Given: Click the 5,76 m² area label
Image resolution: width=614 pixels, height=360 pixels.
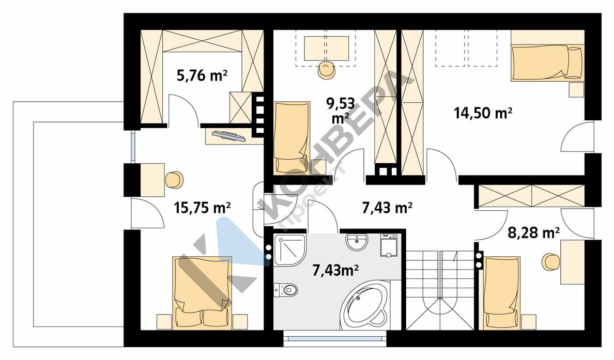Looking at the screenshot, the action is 202,75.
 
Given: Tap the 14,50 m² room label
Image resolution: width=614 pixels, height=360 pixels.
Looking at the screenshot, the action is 483,113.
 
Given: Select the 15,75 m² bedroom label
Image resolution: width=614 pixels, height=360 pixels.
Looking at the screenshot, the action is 202,208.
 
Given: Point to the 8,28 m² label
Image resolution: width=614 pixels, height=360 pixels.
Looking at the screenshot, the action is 534,233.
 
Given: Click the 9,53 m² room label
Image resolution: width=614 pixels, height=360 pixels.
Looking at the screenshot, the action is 341,111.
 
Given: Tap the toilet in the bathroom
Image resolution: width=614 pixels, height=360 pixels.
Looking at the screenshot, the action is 286,290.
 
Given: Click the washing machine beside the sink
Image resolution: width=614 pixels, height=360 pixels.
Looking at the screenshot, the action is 389,245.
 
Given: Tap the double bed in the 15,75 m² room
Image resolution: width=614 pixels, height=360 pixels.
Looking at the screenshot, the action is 202,293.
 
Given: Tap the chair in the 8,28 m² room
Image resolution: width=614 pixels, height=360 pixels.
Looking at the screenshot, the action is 551,262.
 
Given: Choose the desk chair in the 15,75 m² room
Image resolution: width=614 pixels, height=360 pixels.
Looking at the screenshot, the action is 174,180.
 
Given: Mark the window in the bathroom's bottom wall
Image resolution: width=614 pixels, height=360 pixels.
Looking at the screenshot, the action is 335,338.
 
